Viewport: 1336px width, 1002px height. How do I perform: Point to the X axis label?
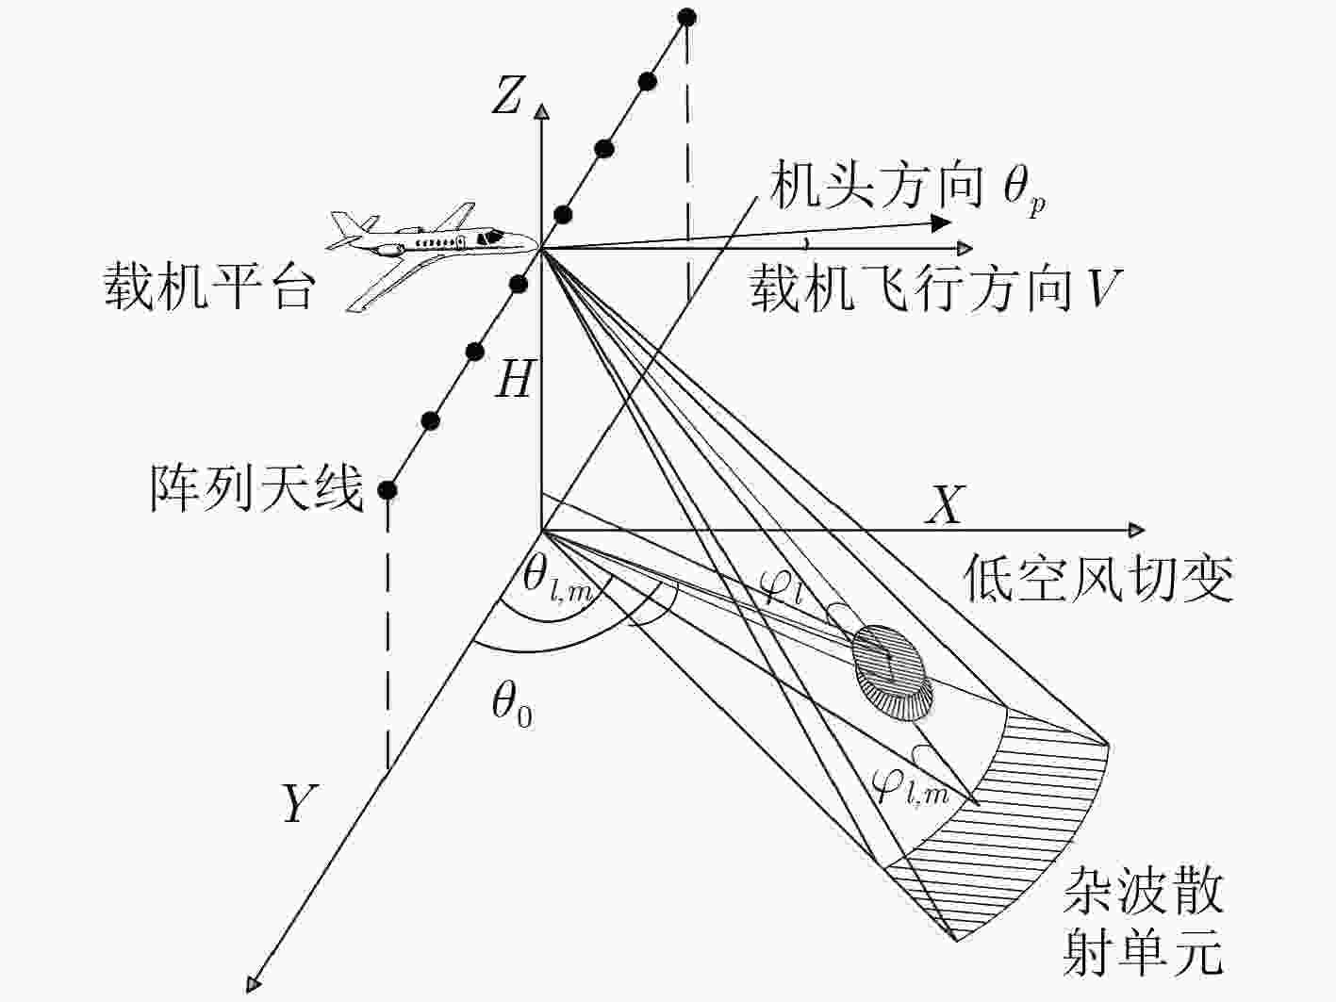tap(946, 504)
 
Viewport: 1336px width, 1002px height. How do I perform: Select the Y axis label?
tap(299, 803)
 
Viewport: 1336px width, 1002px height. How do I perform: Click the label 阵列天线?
tap(256, 488)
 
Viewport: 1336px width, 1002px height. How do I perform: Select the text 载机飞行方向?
tap(910, 288)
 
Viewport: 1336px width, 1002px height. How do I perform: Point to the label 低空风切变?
tap(1098, 578)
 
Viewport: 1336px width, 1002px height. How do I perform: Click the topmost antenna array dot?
tap(687, 18)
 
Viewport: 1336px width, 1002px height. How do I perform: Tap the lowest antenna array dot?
tap(388, 489)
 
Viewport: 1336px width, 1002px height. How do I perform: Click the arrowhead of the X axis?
tap(1136, 530)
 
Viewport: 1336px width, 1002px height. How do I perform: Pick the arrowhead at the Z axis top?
tap(541, 110)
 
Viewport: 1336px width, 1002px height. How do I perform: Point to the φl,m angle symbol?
tap(910, 785)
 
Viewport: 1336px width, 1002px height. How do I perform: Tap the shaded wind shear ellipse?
tap(893, 673)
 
